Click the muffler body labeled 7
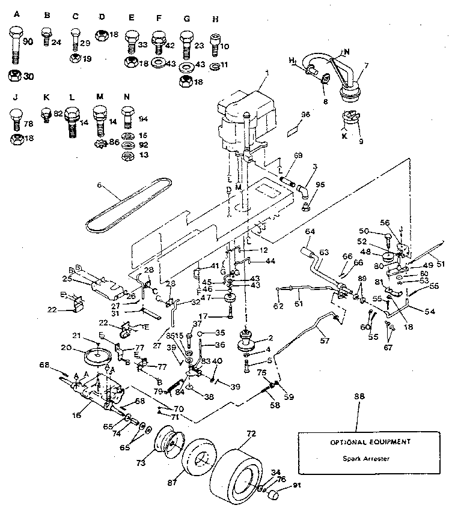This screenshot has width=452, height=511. coord(348,92)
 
